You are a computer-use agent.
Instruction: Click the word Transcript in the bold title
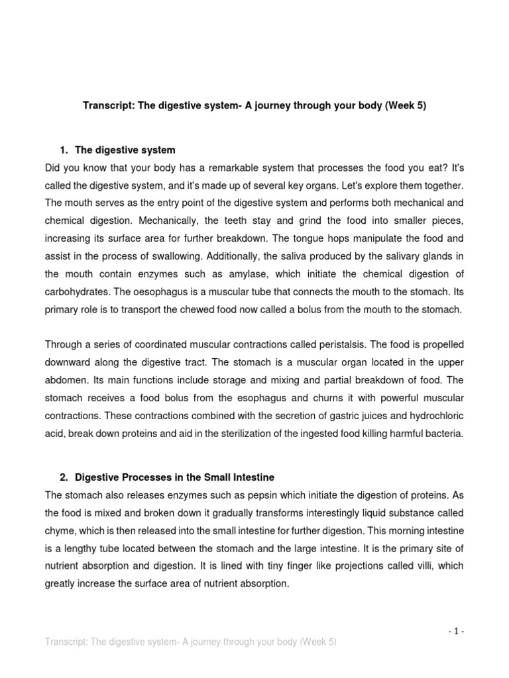pyautogui.click(x=107, y=105)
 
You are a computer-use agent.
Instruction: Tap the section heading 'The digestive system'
pyautogui.click(x=125, y=150)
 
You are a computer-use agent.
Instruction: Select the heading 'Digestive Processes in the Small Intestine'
pyautogui.click(x=174, y=477)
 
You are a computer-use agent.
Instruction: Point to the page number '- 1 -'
pyautogui.click(x=455, y=631)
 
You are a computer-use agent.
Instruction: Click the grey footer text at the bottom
pyautogui.click(x=190, y=642)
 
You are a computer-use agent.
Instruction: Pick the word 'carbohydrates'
pyautogui.click(x=76, y=291)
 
